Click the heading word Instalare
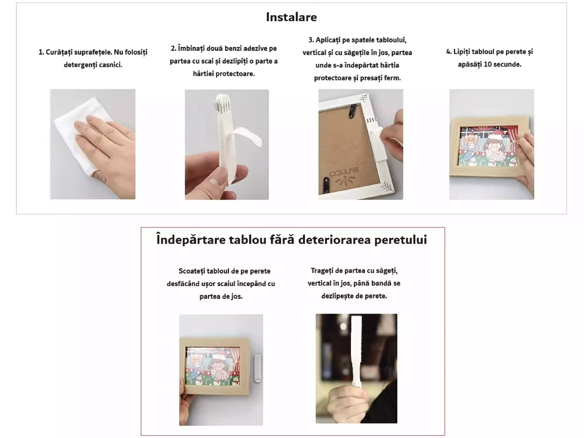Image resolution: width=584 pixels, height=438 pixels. (291, 17)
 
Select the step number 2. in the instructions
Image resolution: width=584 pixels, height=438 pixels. (173, 48)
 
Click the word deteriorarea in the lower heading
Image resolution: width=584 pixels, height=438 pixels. (335, 240)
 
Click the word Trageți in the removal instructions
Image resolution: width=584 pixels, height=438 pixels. (323, 271)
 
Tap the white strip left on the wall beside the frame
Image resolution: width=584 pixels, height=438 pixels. (257, 368)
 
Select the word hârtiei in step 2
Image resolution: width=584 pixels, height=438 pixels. (203, 74)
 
